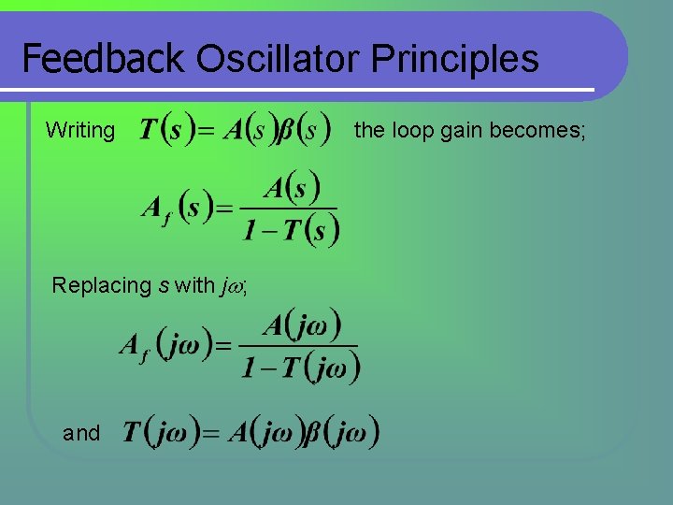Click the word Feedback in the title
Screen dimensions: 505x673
[103, 59]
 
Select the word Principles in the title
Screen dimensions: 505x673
[455, 59]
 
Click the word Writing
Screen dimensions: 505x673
[79, 131]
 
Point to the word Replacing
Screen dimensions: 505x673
[101, 285]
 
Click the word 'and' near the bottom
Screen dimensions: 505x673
[81, 433]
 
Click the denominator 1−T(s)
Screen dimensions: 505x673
[290, 227]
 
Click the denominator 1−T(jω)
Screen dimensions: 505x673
[300, 366]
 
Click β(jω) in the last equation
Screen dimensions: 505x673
[343, 432]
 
